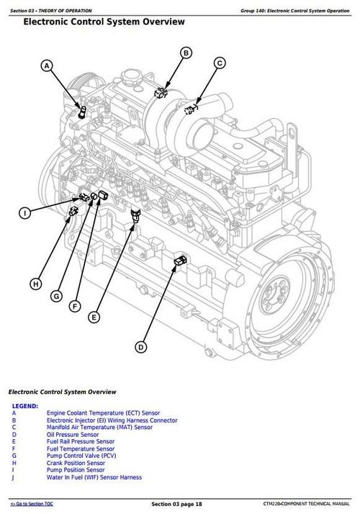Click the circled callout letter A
pos(47,66)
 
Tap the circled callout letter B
pos(186,53)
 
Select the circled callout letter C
pos(220,63)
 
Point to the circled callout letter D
pos(141,348)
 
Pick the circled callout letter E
pos(94,317)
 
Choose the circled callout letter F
pos(75,307)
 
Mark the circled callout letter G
pos(56,297)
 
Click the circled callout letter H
pos(36,284)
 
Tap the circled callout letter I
pos(24,213)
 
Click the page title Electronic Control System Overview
pos(104,22)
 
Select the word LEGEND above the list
pos(25,406)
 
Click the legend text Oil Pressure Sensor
pos(73,435)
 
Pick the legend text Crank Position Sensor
pos(76,463)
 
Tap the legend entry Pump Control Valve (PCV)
pos(81,456)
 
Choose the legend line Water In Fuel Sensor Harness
pos(94,477)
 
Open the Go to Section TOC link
pos(32,504)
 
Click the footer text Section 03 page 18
pos(176,504)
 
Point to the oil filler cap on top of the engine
pos(131,77)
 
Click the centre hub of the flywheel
pos(274,295)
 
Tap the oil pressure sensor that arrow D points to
pos(180,261)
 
